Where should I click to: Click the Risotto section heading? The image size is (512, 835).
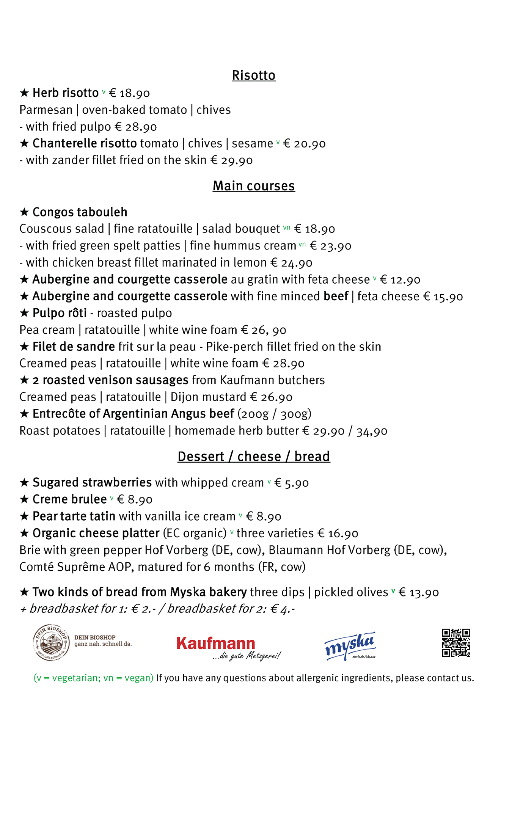253,75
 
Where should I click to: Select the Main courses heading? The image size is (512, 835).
253,186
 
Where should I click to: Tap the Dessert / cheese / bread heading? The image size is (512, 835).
253,456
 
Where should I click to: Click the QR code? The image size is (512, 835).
455,643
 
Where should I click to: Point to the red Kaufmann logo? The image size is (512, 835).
216,644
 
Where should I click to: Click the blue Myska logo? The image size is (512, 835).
350,646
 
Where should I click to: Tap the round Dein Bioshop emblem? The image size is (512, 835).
51,642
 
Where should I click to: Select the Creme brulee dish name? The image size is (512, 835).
69,499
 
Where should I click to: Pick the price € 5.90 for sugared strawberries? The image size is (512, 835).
291,483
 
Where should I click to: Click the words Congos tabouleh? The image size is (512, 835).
80,212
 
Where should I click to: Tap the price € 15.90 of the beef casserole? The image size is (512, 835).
443,297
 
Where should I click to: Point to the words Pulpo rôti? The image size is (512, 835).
60,313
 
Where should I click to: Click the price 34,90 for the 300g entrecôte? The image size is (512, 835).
372,431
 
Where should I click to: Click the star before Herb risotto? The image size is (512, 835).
24,93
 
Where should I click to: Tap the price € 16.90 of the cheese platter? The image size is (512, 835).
338,534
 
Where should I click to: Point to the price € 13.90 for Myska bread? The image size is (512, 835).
418,592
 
